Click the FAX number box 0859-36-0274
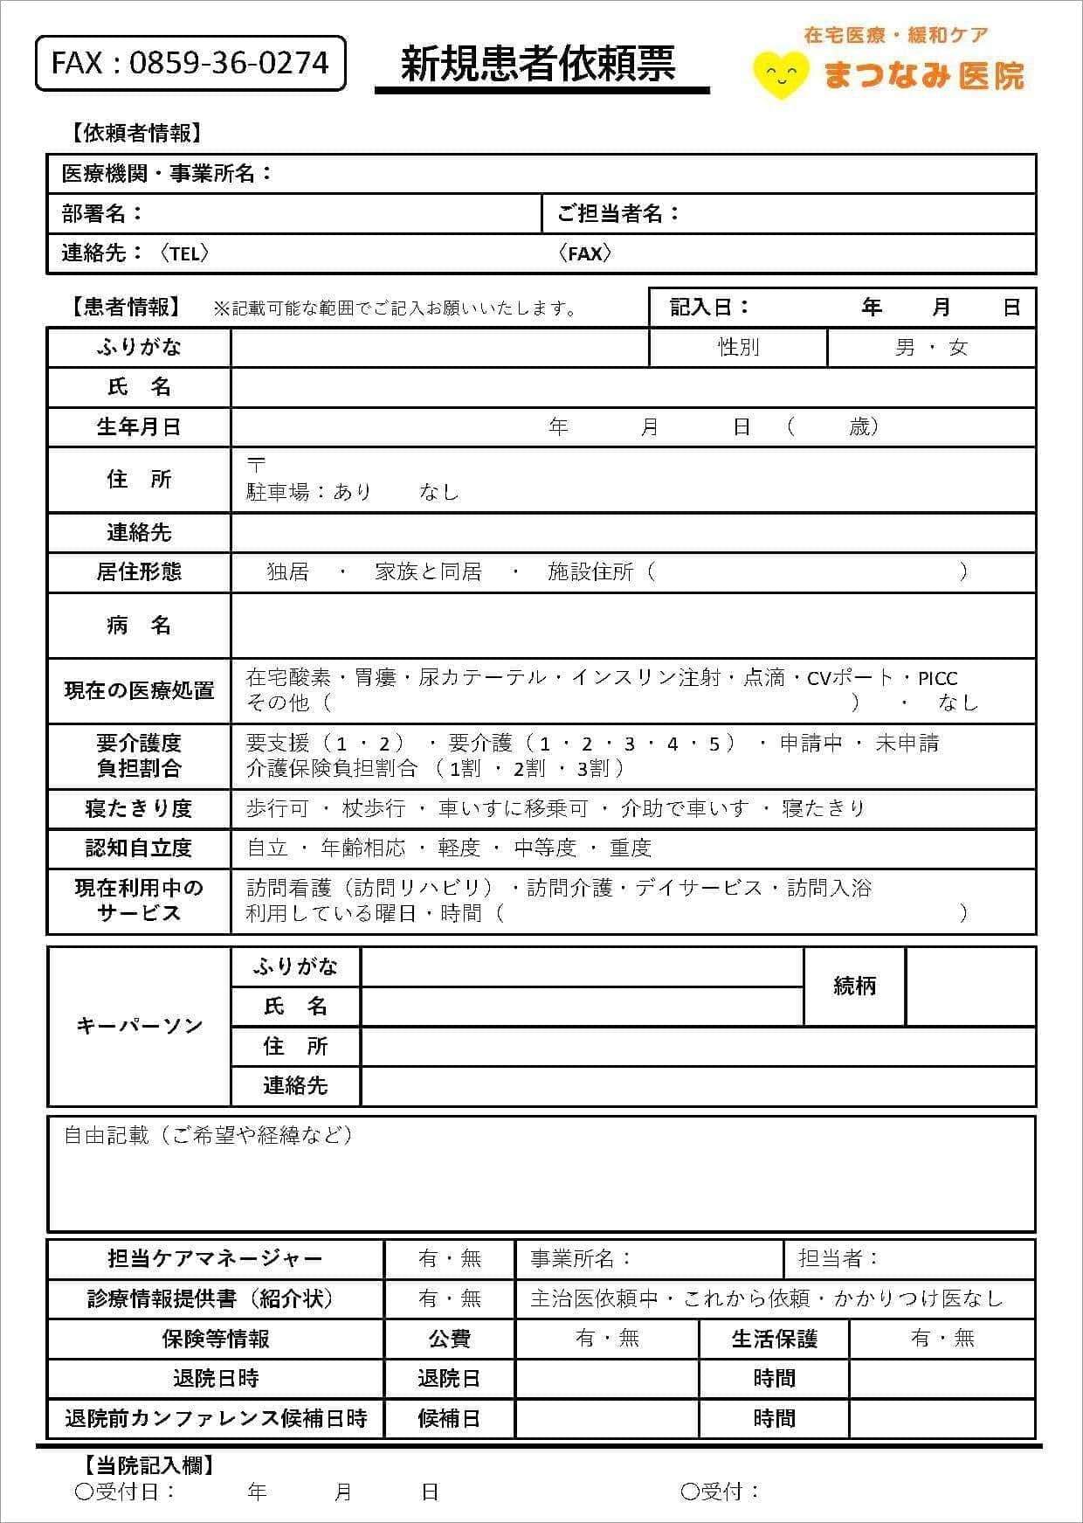tap(190, 63)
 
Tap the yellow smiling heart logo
tap(779, 73)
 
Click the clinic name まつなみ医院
tap(923, 75)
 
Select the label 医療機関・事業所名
tap(166, 173)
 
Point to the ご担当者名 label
tap(617, 213)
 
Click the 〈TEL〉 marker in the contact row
tap(184, 253)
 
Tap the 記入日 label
tap(709, 307)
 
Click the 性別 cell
tap(738, 347)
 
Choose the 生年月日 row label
tap(139, 426)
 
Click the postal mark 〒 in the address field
tap(256, 464)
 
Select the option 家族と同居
tap(428, 571)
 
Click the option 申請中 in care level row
tap(811, 744)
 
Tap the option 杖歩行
tap(373, 808)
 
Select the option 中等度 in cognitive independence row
tap(545, 848)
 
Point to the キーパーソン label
tap(139, 1025)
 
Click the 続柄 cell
tap(854, 986)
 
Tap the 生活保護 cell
tap(774, 1339)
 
